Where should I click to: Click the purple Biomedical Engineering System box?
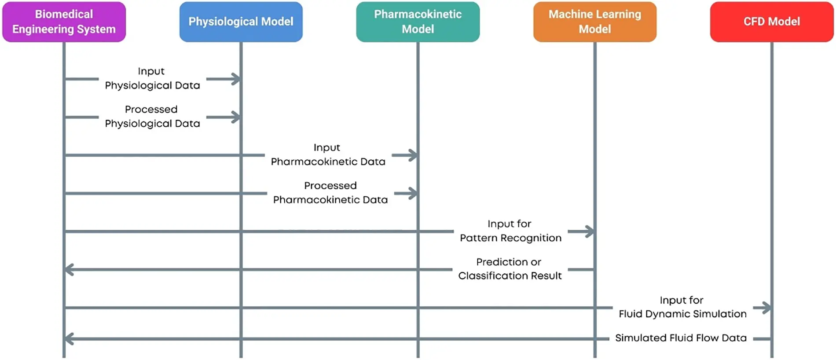(64, 22)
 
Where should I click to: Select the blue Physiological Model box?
(241, 22)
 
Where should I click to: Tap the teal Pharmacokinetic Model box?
(418, 22)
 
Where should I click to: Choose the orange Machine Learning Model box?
(594, 22)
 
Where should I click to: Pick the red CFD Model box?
(771, 22)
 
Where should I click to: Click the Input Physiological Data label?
(152, 78)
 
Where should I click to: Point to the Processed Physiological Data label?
(152, 117)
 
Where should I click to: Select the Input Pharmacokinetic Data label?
(328, 155)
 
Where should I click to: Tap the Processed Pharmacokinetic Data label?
(330, 193)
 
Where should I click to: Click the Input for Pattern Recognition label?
(510, 231)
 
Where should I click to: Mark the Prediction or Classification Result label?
(510, 269)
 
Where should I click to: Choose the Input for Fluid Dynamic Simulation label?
(682, 307)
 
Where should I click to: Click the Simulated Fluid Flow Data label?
(681, 338)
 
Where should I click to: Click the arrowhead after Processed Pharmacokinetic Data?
(413, 193)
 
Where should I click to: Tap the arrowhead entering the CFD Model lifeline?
(766, 308)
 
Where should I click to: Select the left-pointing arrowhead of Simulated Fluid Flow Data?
(69, 339)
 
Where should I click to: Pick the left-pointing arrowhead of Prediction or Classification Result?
(69, 269)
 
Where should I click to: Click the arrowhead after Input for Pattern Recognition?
(590, 231)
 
